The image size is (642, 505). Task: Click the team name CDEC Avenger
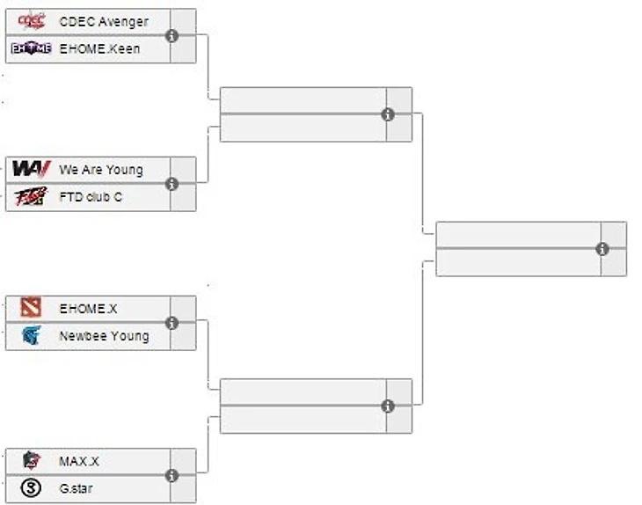click(x=104, y=21)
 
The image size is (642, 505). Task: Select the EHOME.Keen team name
click(x=99, y=49)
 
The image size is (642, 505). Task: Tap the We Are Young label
click(x=101, y=170)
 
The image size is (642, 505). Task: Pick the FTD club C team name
click(x=91, y=197)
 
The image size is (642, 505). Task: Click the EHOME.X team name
click(x=88, y=309)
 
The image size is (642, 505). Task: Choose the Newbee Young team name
click(x=104, y=335)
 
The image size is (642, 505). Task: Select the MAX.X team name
click(x=79, y=461)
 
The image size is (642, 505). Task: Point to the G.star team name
click(x=77, y=488)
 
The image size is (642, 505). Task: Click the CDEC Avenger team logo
click(x=32, y=21)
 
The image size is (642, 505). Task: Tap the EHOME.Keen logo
click(x=32, y=49)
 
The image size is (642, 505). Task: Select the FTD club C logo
click(x=32, y=197)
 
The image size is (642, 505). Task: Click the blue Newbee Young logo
click(x=32, y=335)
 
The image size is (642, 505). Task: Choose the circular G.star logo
click(x=32, y=488)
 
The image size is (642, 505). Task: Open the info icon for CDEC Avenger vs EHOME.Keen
click(x=172, y=35)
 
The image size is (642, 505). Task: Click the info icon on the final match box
click(x=602, y=249)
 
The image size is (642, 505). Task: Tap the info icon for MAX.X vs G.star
click(x=172, y=475)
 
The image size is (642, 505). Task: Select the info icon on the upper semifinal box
click(x=388, y=114)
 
